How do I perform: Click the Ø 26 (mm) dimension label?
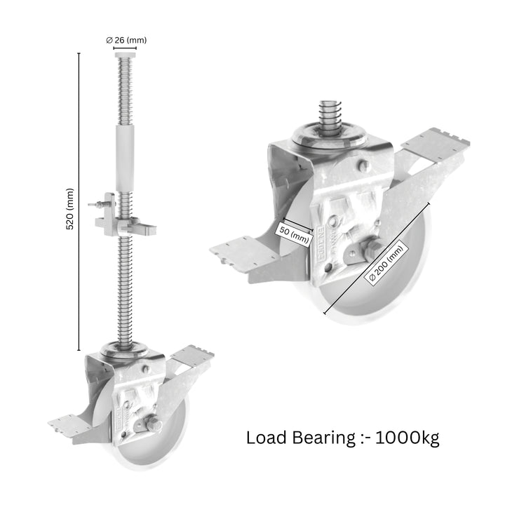(x=126, y=40)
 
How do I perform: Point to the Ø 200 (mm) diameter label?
(x=386, y=263)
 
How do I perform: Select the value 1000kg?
(x=408, y=438)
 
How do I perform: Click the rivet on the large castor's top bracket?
(x=363, y=166)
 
